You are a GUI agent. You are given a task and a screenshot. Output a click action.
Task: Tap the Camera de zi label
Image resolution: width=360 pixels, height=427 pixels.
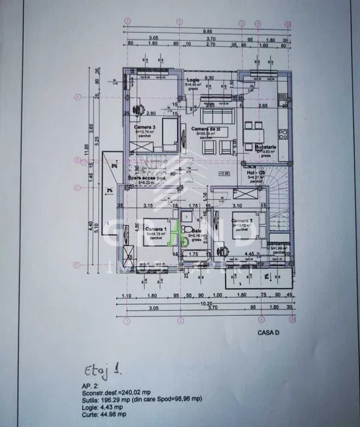(x=205, y=130)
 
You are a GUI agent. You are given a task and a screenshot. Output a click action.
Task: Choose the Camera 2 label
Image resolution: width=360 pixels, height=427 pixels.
(x=242, y=221)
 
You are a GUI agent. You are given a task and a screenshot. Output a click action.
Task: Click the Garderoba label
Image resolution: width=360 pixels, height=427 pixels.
(x=279, y=243)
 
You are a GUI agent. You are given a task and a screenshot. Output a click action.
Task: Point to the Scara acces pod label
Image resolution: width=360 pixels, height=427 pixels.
(x=146, y=178)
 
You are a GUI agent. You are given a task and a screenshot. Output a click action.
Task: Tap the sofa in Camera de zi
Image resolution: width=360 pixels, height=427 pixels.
(x=216, y=114)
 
